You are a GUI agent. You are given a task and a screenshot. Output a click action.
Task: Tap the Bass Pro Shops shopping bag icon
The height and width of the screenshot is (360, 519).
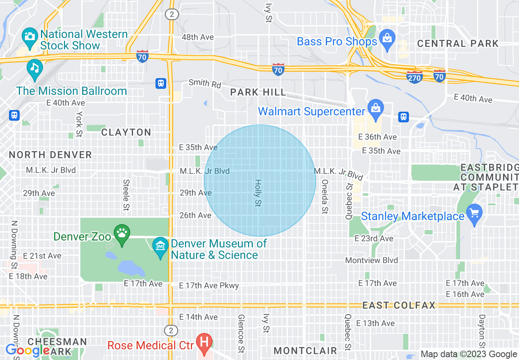386,38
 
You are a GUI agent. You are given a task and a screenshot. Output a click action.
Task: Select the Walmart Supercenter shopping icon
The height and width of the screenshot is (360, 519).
375,108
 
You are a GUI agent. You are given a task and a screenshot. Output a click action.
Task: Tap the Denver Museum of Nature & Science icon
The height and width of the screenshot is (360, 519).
160,246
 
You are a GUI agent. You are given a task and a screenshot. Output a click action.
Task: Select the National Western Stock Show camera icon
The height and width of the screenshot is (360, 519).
29,36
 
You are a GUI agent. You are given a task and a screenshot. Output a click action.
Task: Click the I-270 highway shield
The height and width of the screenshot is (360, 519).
414,77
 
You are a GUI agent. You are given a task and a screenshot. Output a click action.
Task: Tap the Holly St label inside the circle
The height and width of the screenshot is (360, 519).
258,193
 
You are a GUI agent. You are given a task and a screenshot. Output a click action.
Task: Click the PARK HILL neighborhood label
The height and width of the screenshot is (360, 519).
258,92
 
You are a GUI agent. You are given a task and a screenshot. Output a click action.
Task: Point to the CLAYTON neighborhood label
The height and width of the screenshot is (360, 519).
126,132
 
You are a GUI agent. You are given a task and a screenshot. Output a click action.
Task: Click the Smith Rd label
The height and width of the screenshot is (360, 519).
205,84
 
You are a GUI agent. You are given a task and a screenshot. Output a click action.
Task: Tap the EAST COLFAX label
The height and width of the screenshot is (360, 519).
399,306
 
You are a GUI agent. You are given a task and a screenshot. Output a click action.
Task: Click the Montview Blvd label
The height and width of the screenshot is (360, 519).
371,260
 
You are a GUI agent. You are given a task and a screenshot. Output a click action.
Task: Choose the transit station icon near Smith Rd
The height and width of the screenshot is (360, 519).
161,83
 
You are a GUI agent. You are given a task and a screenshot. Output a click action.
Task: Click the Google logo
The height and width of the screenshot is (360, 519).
27,351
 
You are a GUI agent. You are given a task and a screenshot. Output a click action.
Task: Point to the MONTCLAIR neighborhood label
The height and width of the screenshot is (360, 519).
305,351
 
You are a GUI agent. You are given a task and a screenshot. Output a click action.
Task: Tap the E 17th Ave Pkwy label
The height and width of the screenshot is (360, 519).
209,286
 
